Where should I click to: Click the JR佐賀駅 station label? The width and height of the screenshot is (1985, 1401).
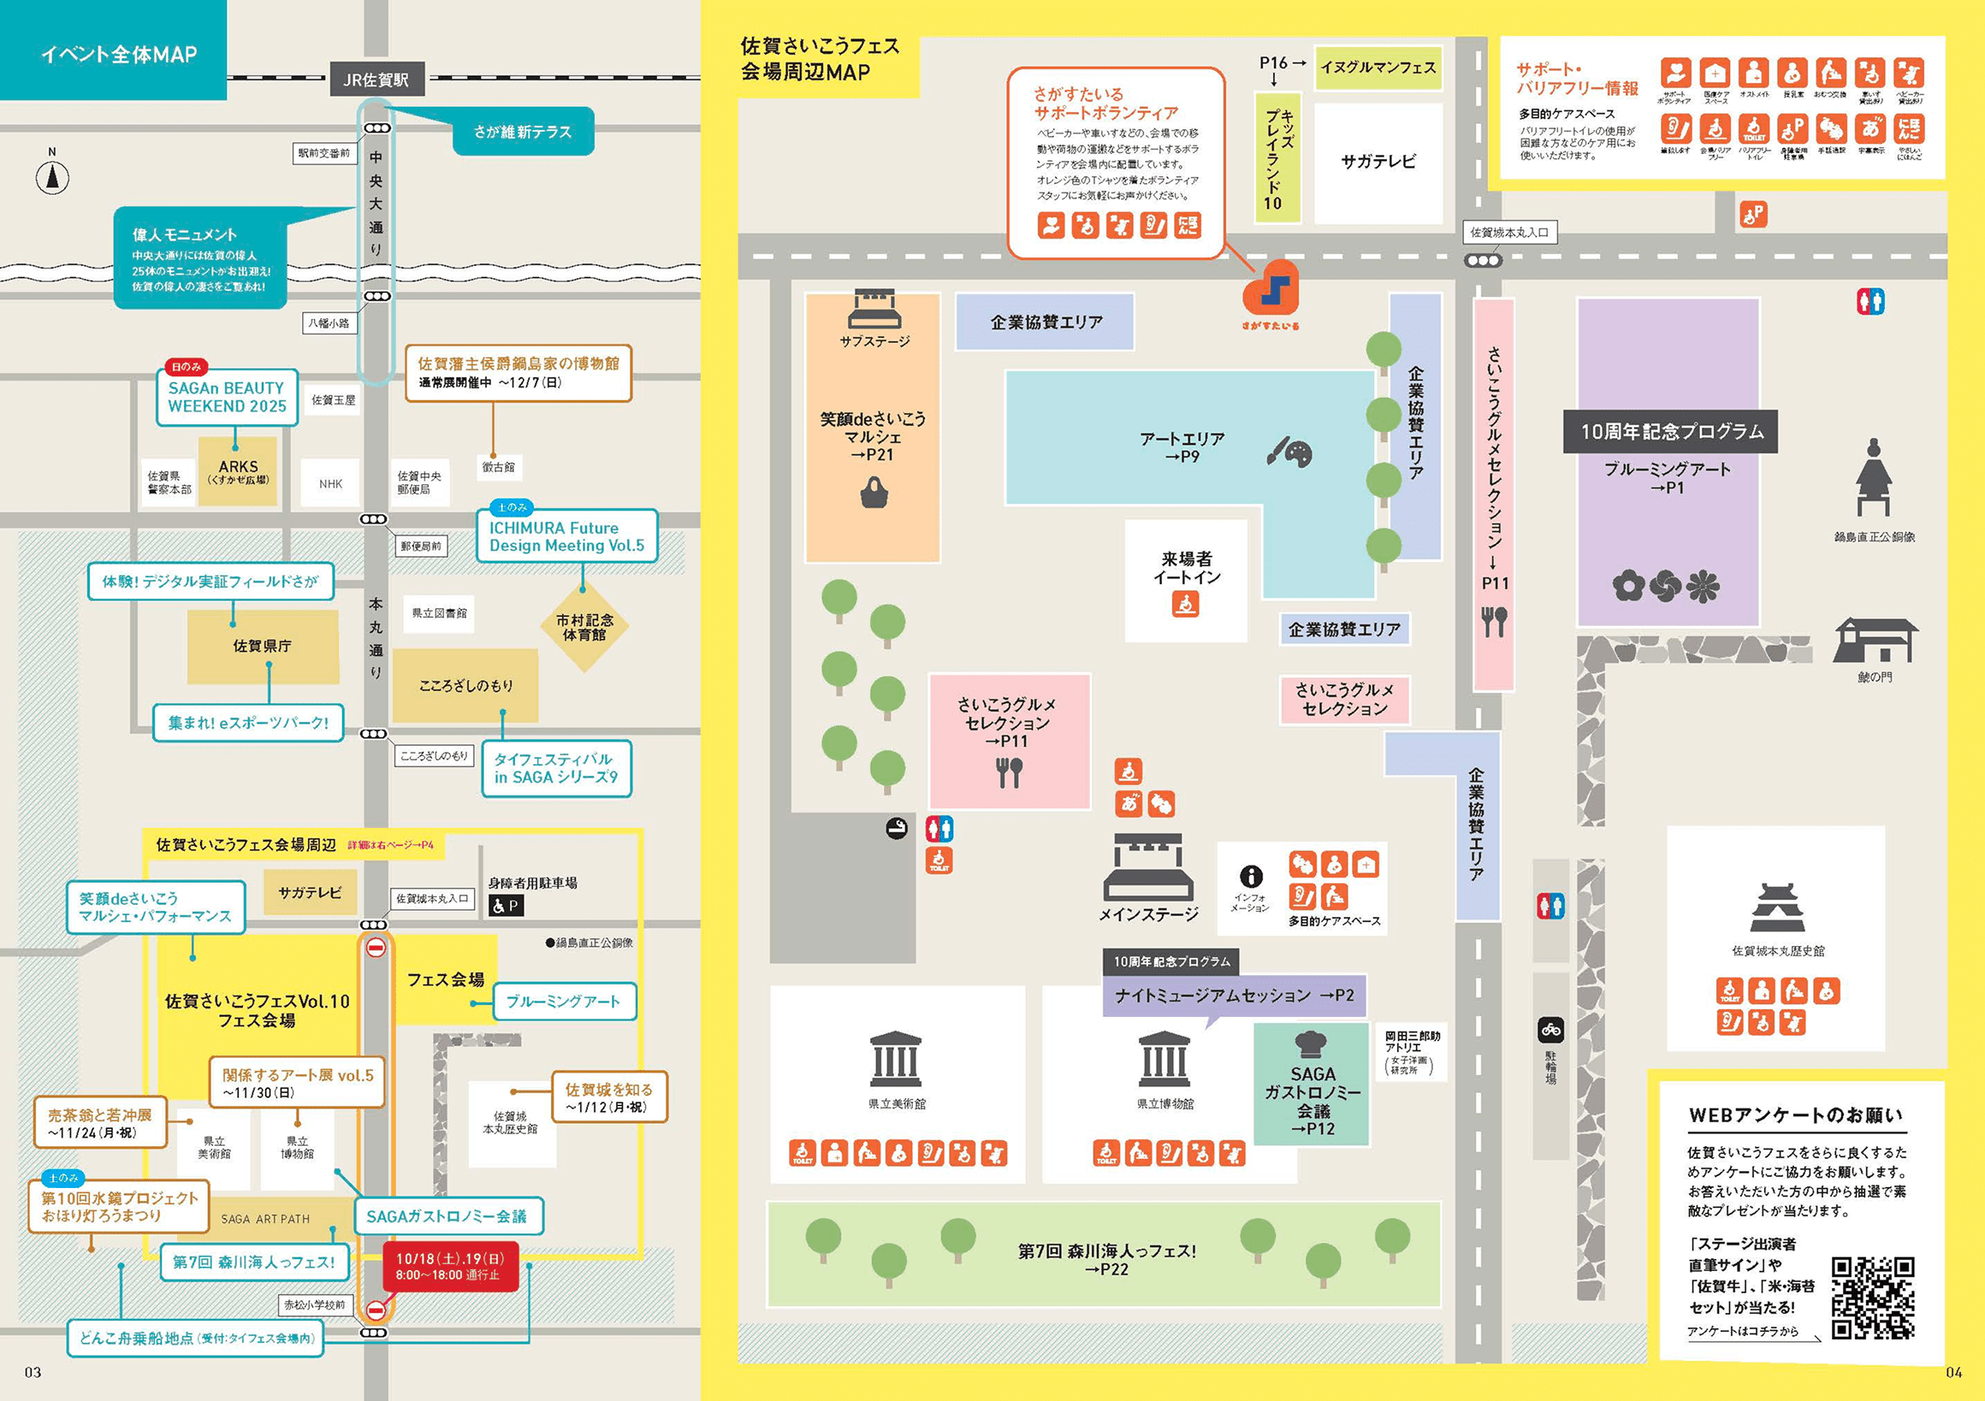tap(376, 80)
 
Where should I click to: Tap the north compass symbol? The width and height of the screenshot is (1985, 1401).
tap(52, 177)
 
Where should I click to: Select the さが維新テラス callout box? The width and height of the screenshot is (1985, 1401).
tap(523, 132)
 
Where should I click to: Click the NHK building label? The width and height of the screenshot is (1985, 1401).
tap(330, 484)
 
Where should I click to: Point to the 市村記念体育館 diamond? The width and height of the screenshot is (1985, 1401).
tap(584, 628)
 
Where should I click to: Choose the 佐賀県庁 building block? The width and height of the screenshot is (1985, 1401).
tap(262, 646)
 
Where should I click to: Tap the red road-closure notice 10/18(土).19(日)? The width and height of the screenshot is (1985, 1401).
tap(449, 1266)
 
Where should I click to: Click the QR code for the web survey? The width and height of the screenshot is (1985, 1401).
tap(1873, 1298)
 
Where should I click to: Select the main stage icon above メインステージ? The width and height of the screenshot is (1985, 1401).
tap(1148, 867)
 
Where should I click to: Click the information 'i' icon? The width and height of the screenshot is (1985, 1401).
tap(1250, 877)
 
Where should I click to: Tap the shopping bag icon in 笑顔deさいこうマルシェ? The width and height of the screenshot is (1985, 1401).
tap(874, 494)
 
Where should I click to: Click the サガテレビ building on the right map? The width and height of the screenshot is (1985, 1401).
tap(1378, 162)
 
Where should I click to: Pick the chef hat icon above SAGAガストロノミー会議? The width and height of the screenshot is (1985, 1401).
tap(1311, 1044)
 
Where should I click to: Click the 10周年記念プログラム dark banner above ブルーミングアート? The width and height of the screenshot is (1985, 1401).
tap(1670, 431)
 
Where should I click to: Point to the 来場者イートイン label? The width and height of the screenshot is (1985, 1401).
tap(1186, 568)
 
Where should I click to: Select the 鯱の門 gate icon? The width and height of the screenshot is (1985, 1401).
tap(1875, 641)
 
